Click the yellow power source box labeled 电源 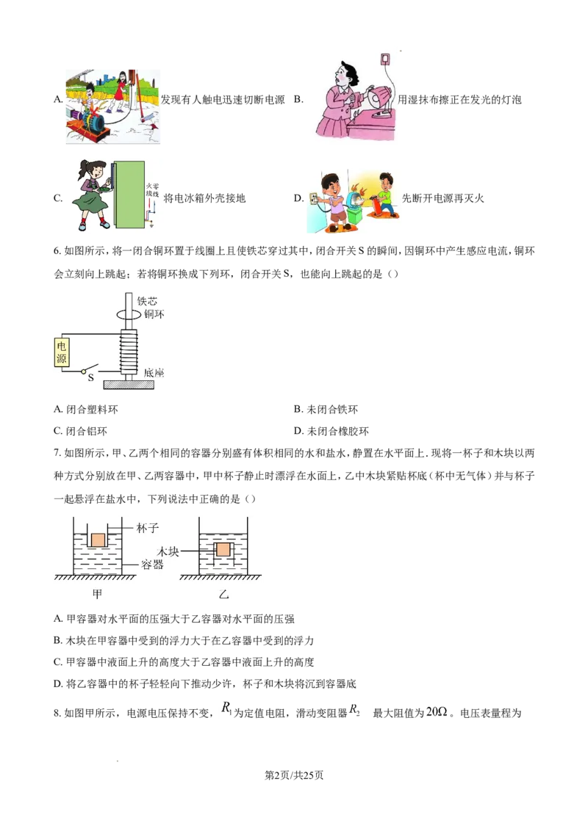click(x=61, y=352)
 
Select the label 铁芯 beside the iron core click(x=147, y=302)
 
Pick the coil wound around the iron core click(x=129, y=352)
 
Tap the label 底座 click(x=154, y=373)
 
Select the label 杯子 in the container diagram click(x=148, y=527)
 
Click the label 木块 click(x=168, y=550)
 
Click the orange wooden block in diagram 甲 click(x=98, y=539)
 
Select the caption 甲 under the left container click(x=97, y=594)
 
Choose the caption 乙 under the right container click(x=224, y=594)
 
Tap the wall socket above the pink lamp click(x=383, y=59)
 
